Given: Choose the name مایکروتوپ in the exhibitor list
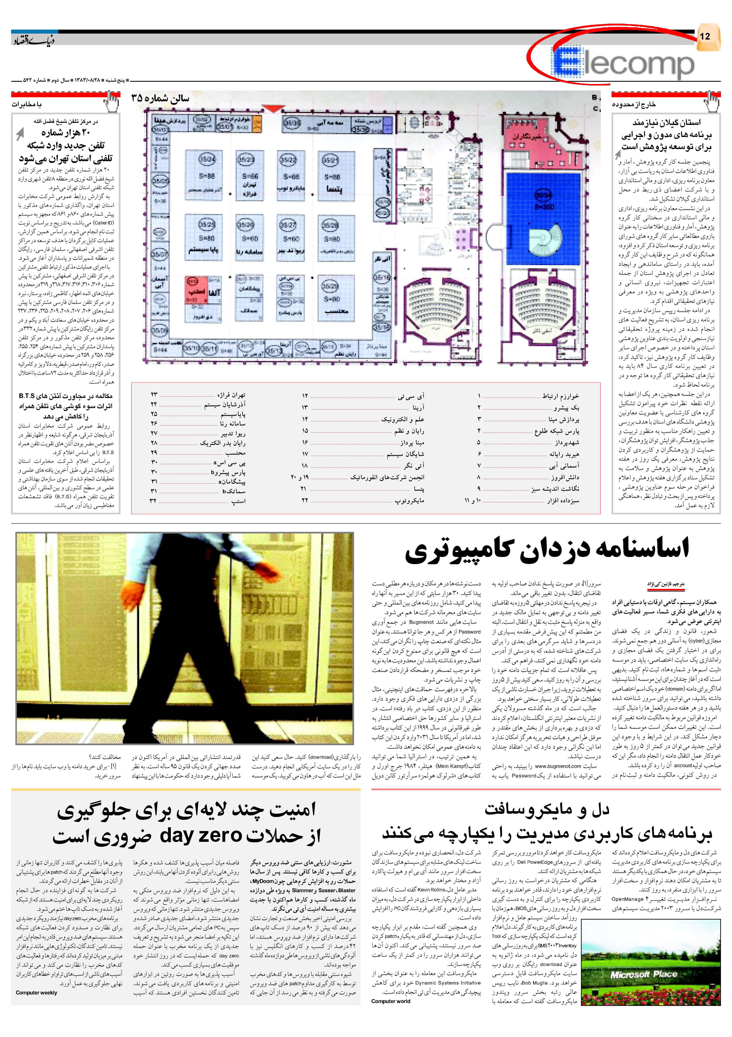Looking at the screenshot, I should [x=410, y=500].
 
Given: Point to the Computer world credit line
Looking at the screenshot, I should [x=391, y=1001].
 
